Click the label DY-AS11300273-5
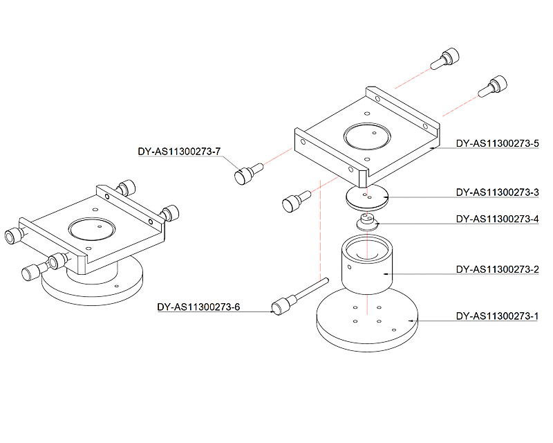[x=497, y=144]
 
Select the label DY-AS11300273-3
[x=497, y=192]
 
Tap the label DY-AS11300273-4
[x=497, y=219]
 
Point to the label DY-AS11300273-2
[x=497, y=269]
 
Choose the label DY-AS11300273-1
[x=497, y=316]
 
